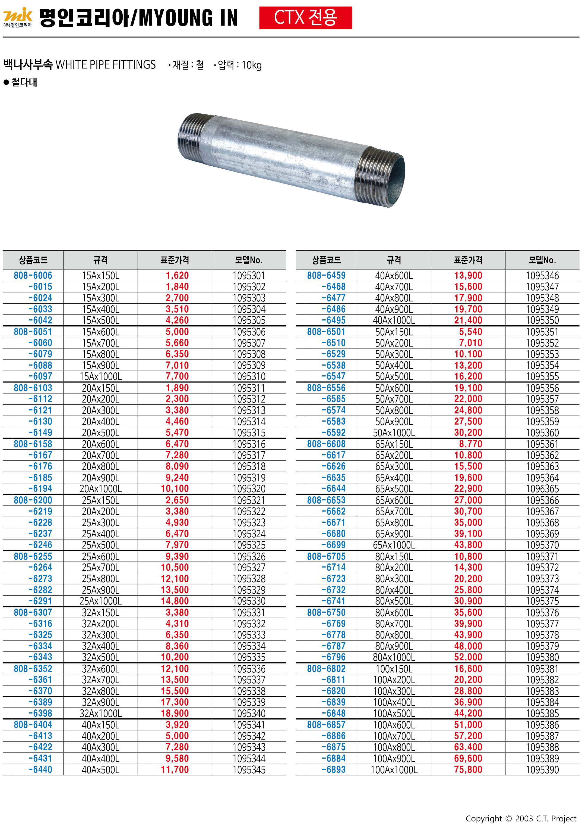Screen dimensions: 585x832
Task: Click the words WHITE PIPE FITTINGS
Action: click(x=105, y=65)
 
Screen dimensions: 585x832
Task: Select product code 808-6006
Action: click(x=33, y=275)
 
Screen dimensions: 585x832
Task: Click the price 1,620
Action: click(x=177, y=275)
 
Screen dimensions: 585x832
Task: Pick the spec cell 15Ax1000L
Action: click(x=101, y=376)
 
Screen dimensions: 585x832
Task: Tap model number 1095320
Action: click(x=249, y=489)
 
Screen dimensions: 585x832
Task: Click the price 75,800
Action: click(x=468, y=770)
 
